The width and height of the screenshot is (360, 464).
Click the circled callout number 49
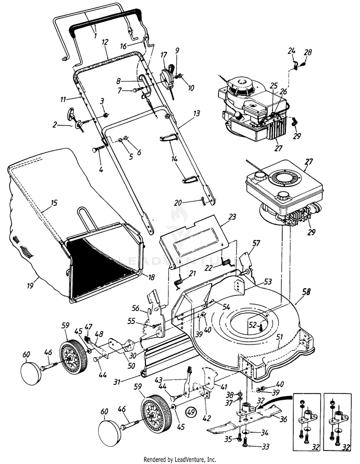[x=191, y=411]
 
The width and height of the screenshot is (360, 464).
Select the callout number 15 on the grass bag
[x=55, y=203]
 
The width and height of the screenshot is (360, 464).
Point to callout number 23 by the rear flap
[x=232, y=217]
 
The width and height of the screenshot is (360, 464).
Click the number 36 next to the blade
[x=283, y=418]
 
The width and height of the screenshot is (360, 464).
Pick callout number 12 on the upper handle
[x=105, y=43]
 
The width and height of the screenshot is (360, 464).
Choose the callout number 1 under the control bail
[x=95, y=36]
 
